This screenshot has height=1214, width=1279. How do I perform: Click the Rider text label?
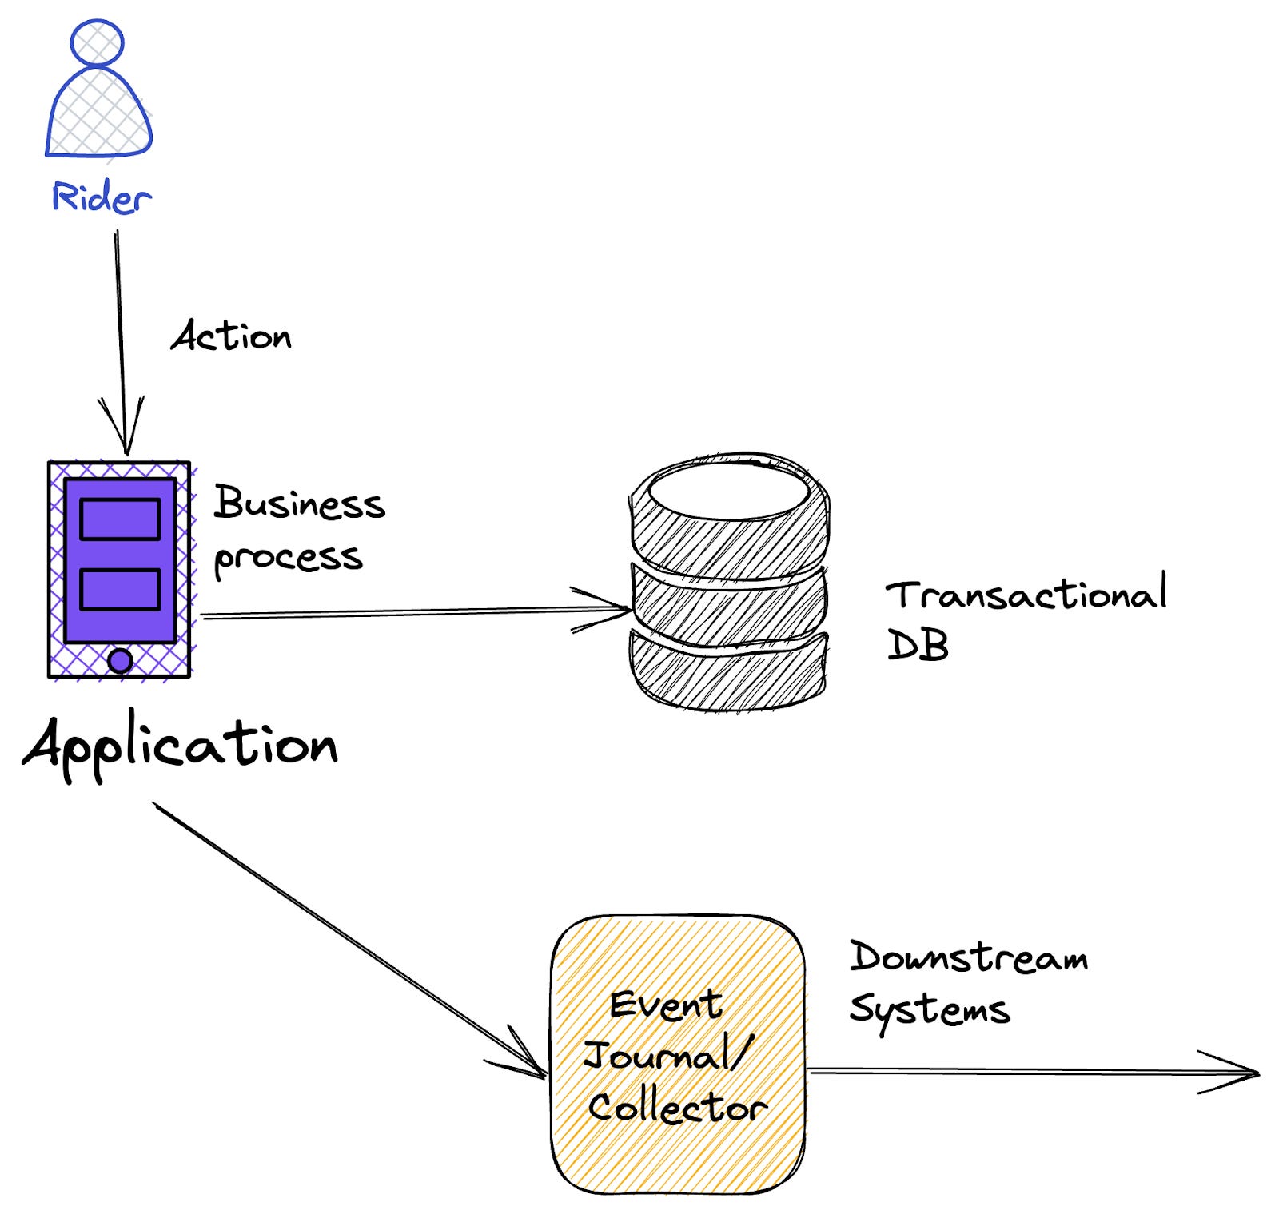(x=101, y=197)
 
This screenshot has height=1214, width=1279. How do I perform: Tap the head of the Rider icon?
(x=97, y=42)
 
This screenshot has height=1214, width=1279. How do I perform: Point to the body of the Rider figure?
(x=98, y=116)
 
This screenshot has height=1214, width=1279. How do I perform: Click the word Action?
(x=231, y=336)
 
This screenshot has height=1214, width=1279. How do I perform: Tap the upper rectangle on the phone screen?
(x=120, y=519)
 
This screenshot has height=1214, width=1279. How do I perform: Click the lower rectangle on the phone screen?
(x=120, y=590)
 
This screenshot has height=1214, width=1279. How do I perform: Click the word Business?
(x=299, y=504)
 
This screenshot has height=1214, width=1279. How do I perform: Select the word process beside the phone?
(x=288, y=558)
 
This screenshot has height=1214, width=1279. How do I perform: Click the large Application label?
(x=181, y=745)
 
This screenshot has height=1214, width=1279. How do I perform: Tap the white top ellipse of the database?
(x=728, y=490)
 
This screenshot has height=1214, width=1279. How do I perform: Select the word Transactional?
(x=1026, y=595)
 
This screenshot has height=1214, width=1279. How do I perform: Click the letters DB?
(x=918, y=644)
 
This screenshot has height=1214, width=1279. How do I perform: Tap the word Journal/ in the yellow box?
(x=668, y=1055)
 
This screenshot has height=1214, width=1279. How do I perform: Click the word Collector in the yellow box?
(x=677, y=1107)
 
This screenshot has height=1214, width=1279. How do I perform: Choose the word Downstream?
(x=968, y=957)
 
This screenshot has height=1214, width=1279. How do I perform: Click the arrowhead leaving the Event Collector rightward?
(x=1235, y=1073)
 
